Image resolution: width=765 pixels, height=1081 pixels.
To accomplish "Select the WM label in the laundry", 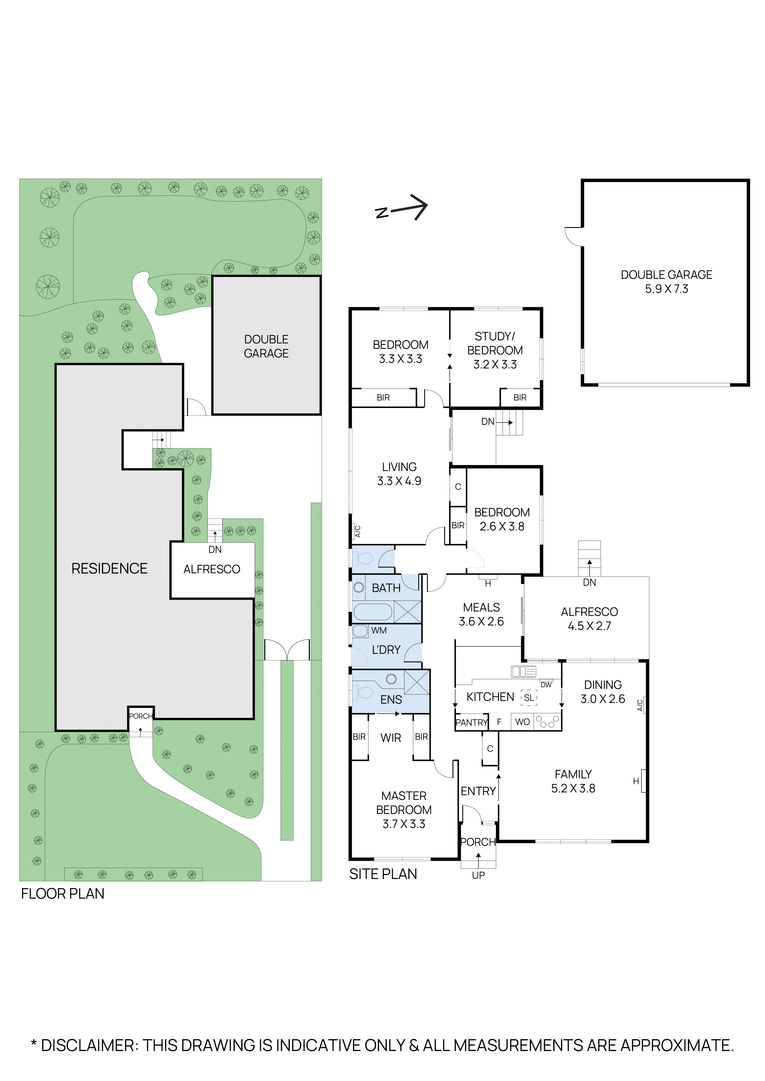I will pos(379,630).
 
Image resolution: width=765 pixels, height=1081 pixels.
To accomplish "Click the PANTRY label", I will pos(472,722).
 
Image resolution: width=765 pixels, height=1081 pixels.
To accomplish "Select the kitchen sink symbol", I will pos(523,671).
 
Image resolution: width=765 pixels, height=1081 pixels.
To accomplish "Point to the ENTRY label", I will pos(478,791).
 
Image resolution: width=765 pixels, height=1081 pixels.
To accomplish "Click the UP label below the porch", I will pos(478,875).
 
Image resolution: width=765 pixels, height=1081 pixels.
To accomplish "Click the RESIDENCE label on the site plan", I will pos(109,569).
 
